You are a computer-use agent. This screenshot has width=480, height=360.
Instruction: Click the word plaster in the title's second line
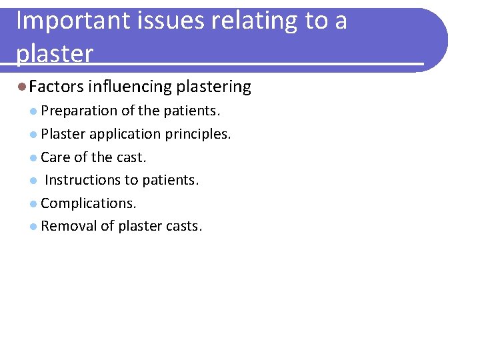coord(55,54)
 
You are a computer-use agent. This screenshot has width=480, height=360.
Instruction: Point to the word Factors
coord(57,87)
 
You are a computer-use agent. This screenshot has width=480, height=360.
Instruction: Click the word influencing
coord(130,87)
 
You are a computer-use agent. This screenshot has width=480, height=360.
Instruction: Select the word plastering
coord(214,87)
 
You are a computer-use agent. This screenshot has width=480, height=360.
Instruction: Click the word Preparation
coord(79,111)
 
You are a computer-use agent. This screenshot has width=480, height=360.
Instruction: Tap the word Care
coord(55,157)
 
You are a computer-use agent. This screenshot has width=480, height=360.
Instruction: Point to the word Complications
coord(88,203)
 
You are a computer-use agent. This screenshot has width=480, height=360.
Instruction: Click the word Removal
coord(69,226)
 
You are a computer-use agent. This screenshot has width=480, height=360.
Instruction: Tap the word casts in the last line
coord(185,226)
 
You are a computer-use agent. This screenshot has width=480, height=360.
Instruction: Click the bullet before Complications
coord(33,203)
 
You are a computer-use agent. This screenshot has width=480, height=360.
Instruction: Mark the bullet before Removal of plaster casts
coord(33,227)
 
